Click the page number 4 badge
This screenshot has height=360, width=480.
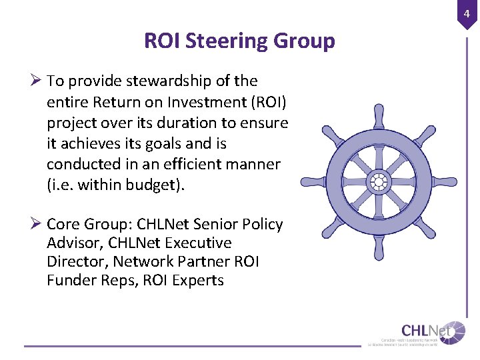point(467,13)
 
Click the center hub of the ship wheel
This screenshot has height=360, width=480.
point(378,181)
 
